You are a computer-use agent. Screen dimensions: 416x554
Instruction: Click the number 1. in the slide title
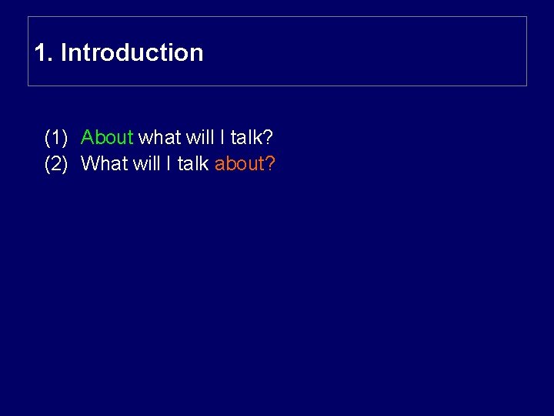pos(44,53)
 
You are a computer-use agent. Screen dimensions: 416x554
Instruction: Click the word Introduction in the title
pos(132,53)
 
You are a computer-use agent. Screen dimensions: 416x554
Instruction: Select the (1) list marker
pos(57,138)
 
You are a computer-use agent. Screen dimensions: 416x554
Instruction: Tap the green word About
pos(107,138)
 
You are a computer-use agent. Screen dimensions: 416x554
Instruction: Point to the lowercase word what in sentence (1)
pos(159,138)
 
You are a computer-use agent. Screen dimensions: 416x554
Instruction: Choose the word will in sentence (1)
pos(199,138)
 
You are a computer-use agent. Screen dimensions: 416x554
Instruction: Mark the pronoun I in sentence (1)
pos(222,138)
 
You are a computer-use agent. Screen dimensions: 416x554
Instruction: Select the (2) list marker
pos(57,164)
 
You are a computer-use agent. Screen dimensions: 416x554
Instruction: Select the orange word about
pos(239,164)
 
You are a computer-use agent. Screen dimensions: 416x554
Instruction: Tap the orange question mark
pos(271,164)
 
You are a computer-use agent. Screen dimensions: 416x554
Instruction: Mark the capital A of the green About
pos(88,138)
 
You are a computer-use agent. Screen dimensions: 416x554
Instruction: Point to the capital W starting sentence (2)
pos(89,164)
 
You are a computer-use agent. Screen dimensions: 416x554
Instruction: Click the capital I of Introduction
pos(63,53)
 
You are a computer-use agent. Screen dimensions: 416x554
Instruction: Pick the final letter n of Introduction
pos(197,54)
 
